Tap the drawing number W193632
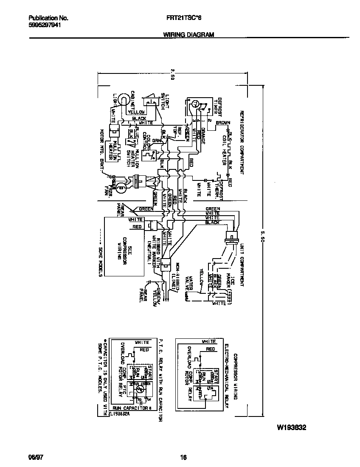pyautogui.click(x=292, y=428)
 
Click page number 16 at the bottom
pyautogui.click(x=183, y=457)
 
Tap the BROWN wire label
pyautogui.click(x=222, y=123)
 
